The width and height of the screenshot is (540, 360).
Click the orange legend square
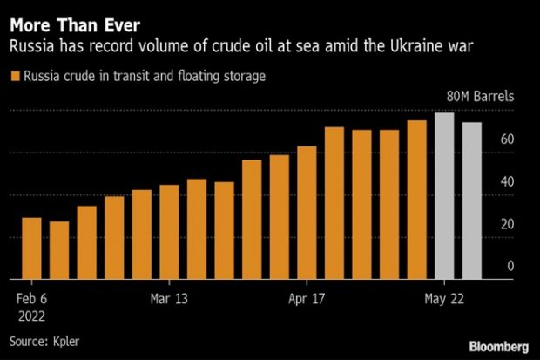tap(15, 77)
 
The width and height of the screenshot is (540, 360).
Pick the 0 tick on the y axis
tap(510, 266)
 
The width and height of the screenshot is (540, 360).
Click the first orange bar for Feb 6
tap(31, 248)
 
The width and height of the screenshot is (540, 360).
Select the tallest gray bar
tap(444, 196)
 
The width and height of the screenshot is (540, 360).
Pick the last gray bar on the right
tap(472, 200)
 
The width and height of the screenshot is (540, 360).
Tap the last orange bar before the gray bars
tap(417, 200)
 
